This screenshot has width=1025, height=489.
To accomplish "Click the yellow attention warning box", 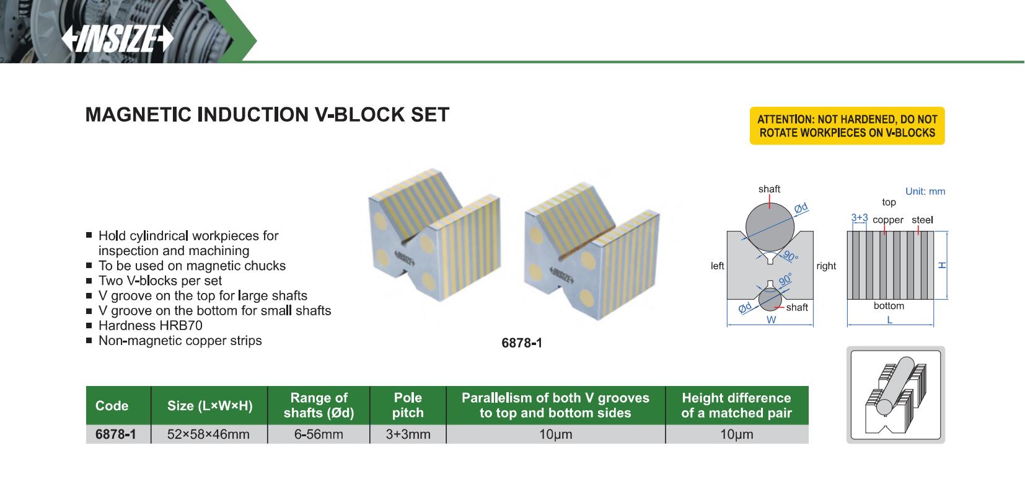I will pyautogui.click(x=847, y=126).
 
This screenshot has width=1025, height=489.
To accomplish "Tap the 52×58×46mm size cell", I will pyautogui.click(x=208, y=434).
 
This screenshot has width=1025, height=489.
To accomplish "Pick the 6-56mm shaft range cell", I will pyautogui.click(x=319, y=434).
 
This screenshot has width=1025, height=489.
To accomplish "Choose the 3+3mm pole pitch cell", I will pyautogui.click(x=408, y=434).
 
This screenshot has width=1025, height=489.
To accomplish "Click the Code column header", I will pyautogui.click(x=112, y=406).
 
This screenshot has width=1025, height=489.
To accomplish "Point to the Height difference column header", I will pyautogui.click(x=736, y=405).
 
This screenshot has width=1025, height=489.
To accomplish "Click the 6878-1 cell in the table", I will pyautogui.click(x=115, y=434).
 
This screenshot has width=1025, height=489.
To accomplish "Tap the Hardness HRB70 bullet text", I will pyautogui.click(x=150, y=326).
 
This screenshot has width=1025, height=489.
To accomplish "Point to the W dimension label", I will pyautogui.click(x=771, y=320).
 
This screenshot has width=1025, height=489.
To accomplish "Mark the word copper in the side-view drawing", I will pyautogui.click(x=887, y=220).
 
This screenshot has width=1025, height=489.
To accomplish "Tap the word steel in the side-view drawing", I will pyautogui.click(x=922, y=220).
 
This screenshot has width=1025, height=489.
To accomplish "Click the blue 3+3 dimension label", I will pyautogui.click(x=859, y=218).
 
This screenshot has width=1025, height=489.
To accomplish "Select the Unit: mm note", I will pyautogui.click(x=925, y=191).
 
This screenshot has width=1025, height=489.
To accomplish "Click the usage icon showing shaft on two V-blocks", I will pyautogui.click(x=895, y=395).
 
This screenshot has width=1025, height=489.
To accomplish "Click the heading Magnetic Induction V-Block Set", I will pyautogui.click(x=267, y=115).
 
